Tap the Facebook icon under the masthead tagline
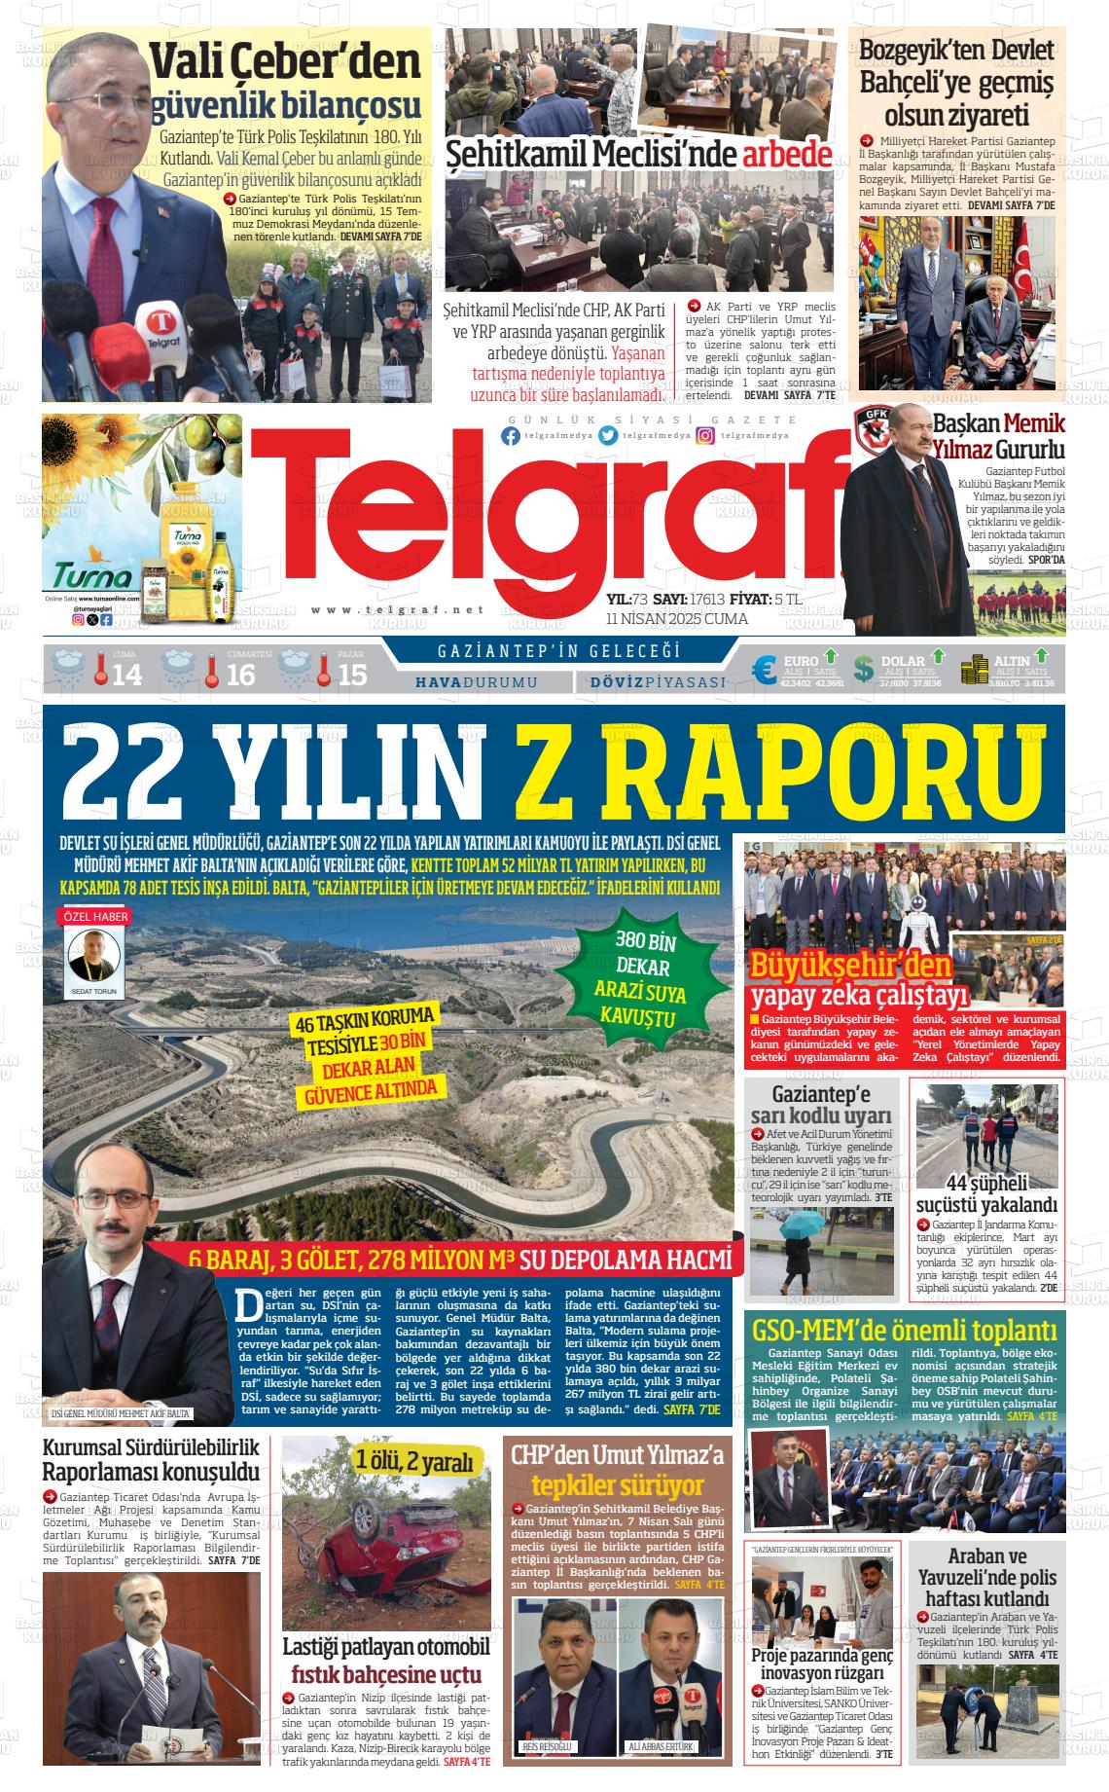511,436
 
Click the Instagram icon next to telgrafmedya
705,436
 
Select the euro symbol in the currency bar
765,669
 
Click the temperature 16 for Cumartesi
240,675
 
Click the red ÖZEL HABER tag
96,916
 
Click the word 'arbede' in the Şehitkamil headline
787,156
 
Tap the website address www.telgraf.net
398,609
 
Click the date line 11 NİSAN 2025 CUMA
676,619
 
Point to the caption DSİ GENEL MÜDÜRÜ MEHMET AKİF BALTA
121,1414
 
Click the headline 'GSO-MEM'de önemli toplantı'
905,1330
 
